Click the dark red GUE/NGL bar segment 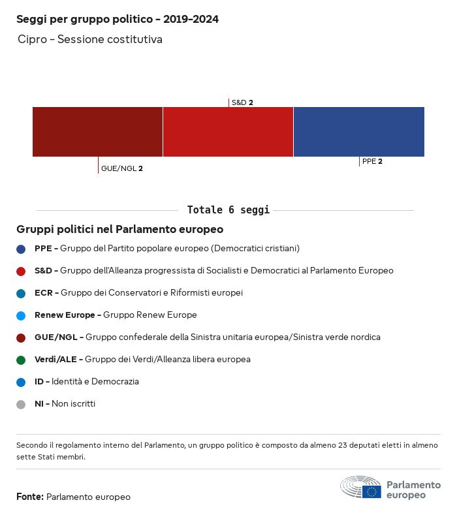pyautogui.click(x=97, y=132)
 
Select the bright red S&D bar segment pyautogui.click(x=228, y=132)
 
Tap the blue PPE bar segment pyautogui.click(x=358, y=132)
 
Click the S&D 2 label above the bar pyautogui.click(x=242, y=102)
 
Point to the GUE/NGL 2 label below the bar pyautogui.click(x=122, y=168)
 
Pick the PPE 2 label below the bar pyautogui.click(x=372, y=161)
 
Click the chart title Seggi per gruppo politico pyautogui.click(x=118, y=20)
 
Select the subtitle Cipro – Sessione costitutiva pyautogui.click(x=90, y=40)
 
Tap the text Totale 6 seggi pyautogui.click(x=228, y=210)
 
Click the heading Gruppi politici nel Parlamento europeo pyautogui.click(x=120, y=230)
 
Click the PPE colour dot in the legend pyautogui.click(x=21, y=249)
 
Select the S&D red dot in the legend pyautogui.click(x=21, y=271)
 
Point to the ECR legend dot pyautogui.click(x=21, y=293)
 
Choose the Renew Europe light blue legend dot pyautogui.click(x=21, y=315)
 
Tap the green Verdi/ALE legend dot pyautogui.click(x=21, y=360)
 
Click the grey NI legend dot pyautogui.click(x=21, y=404)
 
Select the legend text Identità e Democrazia pyautogui.click(x=95, y=382)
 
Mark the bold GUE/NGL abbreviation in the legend pyautogui.click(x=58, y=337)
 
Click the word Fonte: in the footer pyautogui.click(x=30, y=497)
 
